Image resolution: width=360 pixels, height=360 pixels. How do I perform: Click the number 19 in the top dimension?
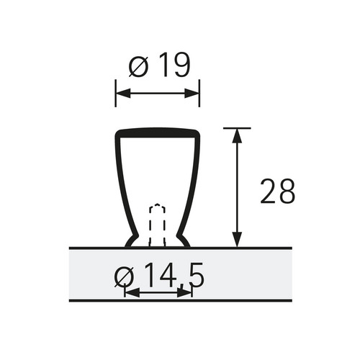[174, 65]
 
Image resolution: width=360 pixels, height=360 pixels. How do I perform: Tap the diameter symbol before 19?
[139, 68]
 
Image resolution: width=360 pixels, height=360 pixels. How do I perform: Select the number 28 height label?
[277, 191]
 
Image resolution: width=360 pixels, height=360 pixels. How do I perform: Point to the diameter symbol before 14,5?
[124, 278]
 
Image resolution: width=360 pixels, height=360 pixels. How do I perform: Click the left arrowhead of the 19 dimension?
[123, 93]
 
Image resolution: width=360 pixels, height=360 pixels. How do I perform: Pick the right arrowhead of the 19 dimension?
[192, 93]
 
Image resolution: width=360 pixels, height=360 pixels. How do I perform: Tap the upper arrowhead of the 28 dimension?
[237, 136]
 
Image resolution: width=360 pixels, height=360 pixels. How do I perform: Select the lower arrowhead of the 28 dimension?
[237, 239]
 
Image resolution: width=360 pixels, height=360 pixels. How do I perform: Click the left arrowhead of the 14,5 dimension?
[132, 293]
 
